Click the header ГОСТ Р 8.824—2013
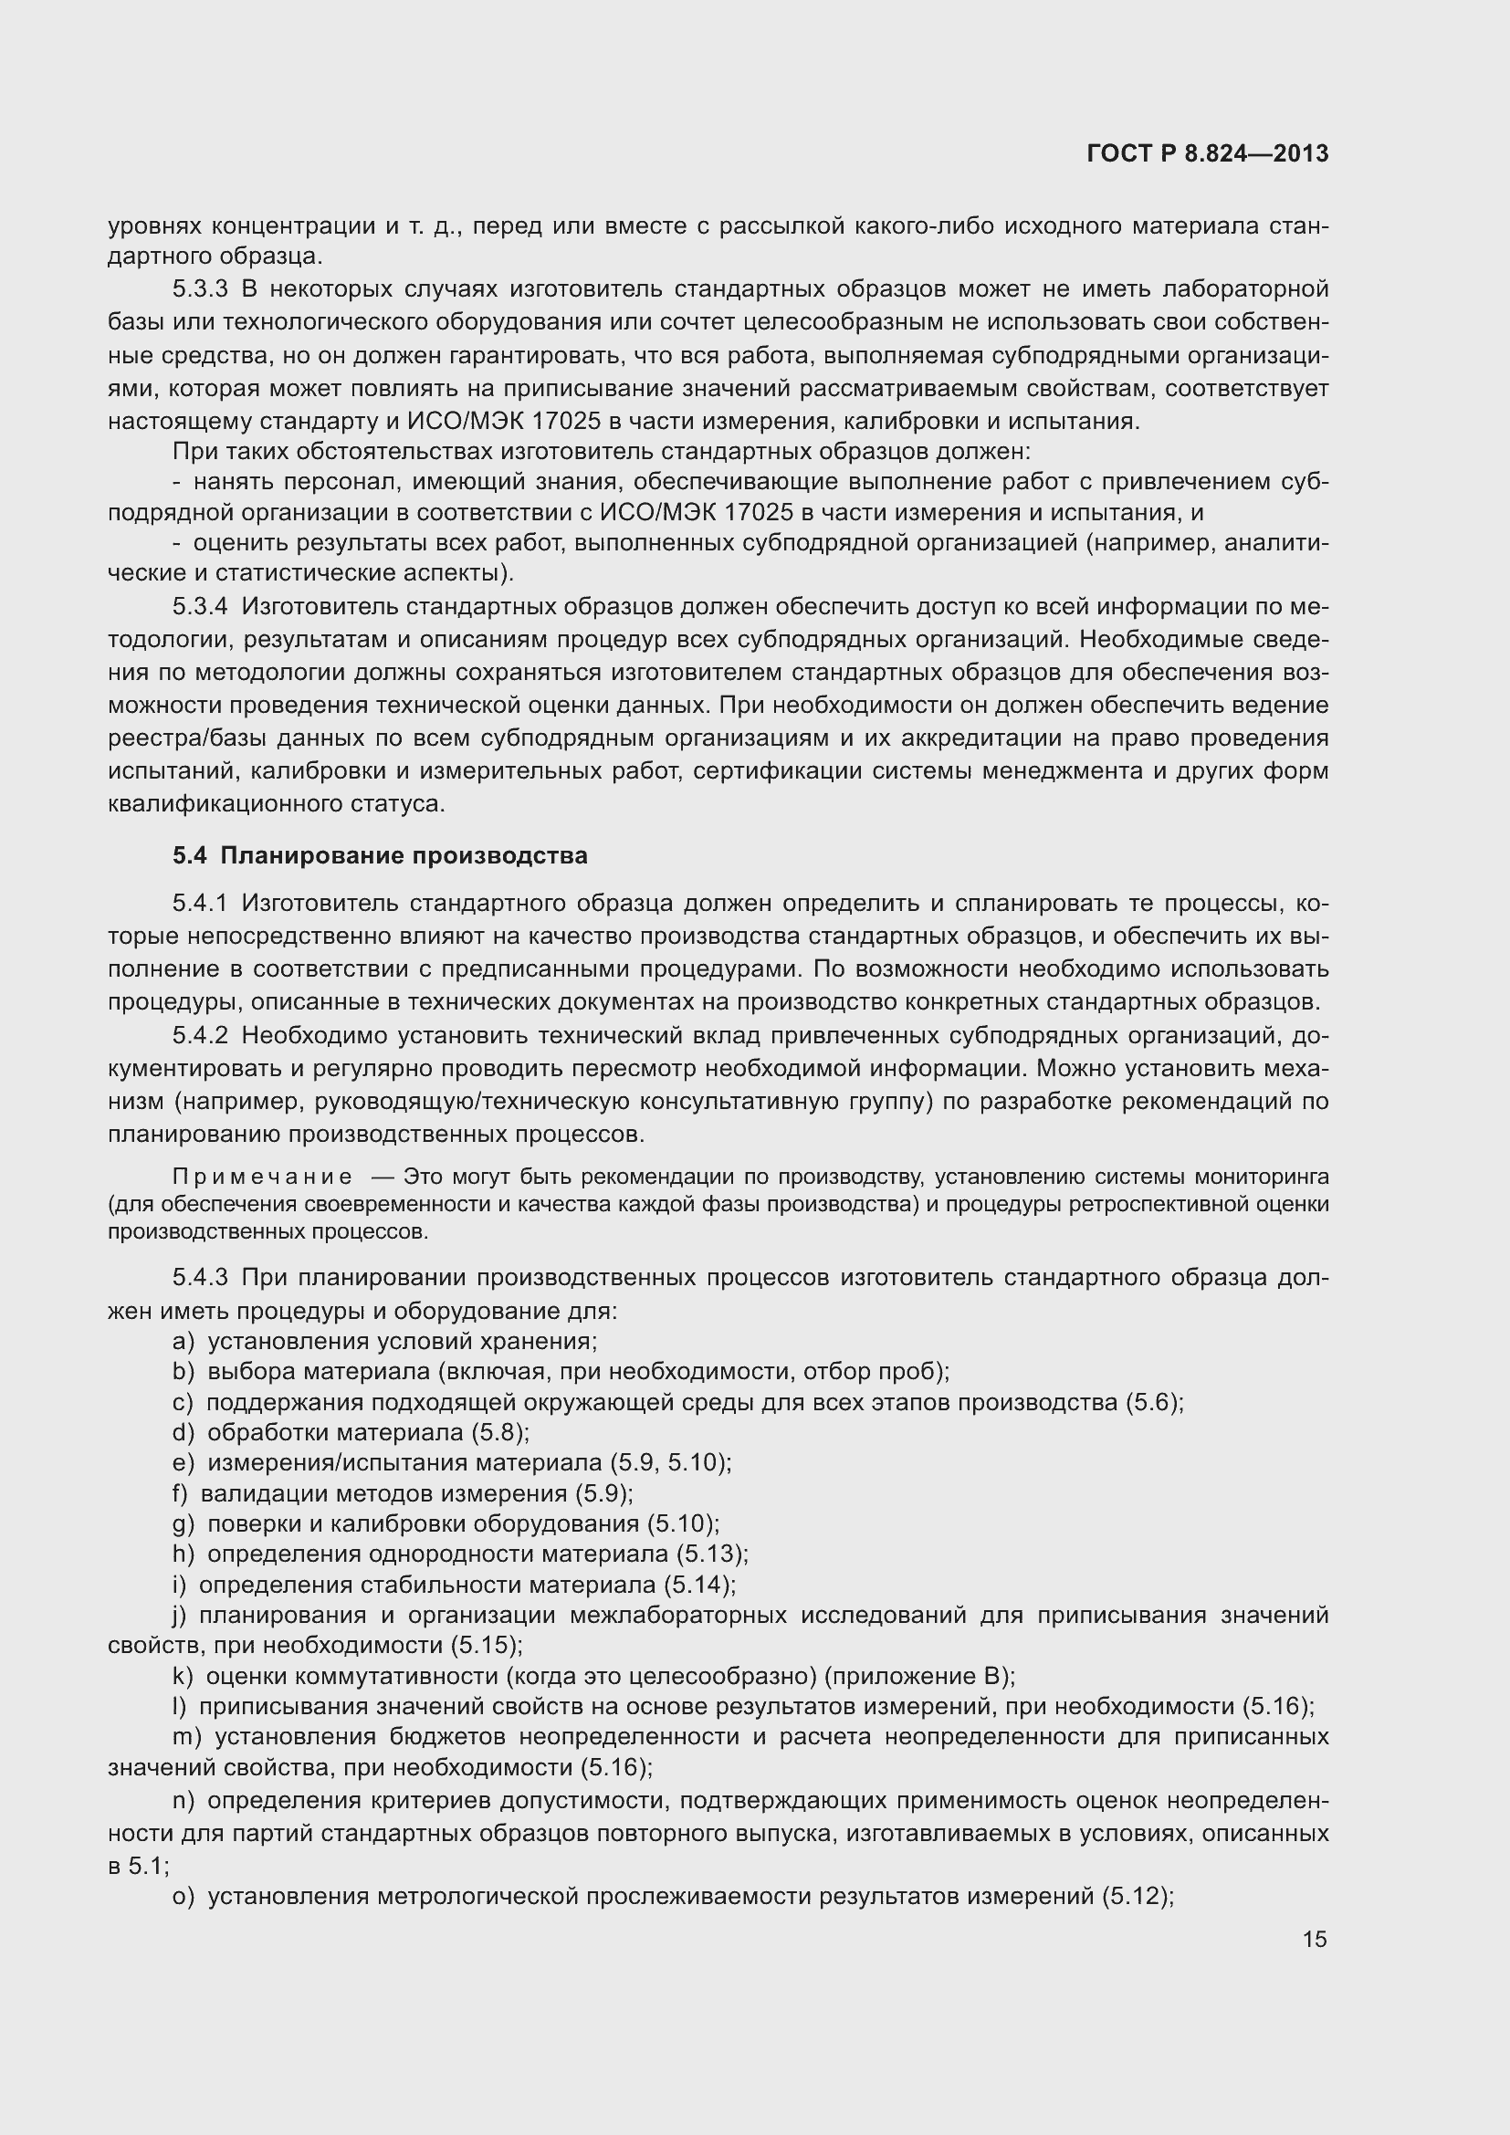click(x=1207, y=154)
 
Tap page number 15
click(x=1314, y=1938)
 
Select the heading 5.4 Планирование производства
click(x=380, y=855)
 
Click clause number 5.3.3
click(x=200, y=289)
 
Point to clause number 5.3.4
click(x=200, y=607)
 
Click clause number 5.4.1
click(x=200, y=903)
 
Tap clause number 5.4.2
click(x=200, y=1036)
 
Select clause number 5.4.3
click(x=200, y=1278)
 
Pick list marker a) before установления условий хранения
click(x=184, y=1341)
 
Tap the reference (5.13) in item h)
click(x=711, y=1554)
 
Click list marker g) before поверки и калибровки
click(x=184, y=1523)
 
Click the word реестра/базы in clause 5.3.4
click(x=165, y=738)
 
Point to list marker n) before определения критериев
click(x=184, y=1801)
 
